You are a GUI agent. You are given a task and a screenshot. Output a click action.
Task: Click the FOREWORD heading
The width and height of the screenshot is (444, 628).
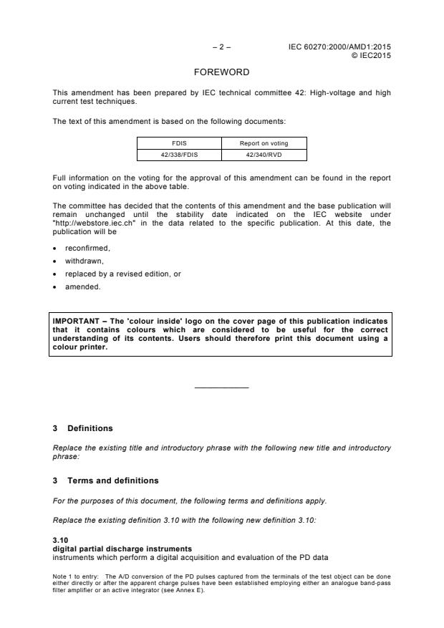[x=222, y=72]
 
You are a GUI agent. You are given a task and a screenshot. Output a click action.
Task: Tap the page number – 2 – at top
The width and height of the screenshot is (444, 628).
[x=222, y=48]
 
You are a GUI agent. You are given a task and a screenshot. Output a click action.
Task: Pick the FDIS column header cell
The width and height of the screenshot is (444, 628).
[x=179, y=143]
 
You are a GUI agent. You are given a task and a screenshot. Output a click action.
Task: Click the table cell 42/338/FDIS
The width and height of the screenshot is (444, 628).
[x=179, y=154]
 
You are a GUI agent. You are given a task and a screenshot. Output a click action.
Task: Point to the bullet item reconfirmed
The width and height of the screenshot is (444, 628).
[x=87, y=248]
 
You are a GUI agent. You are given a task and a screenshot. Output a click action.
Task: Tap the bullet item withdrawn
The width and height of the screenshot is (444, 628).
[x=83, y=261]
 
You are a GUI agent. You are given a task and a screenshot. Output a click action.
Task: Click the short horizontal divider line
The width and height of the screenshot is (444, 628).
[x=222, y=387]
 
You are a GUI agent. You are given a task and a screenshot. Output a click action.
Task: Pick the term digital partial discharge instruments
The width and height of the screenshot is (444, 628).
[x=112, y=548]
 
